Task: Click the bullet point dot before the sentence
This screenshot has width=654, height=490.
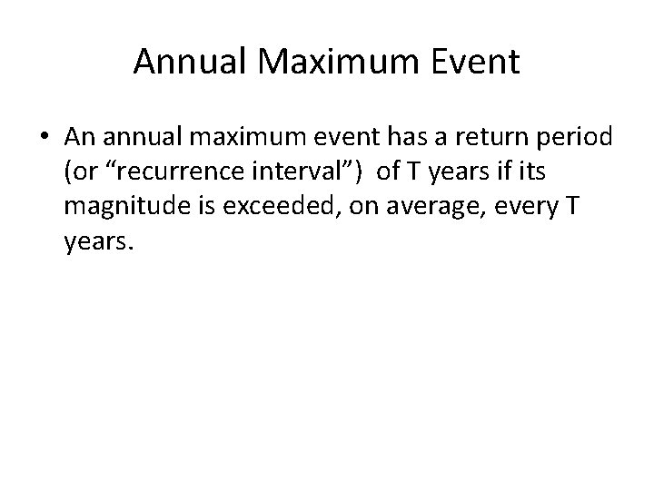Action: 45,138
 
